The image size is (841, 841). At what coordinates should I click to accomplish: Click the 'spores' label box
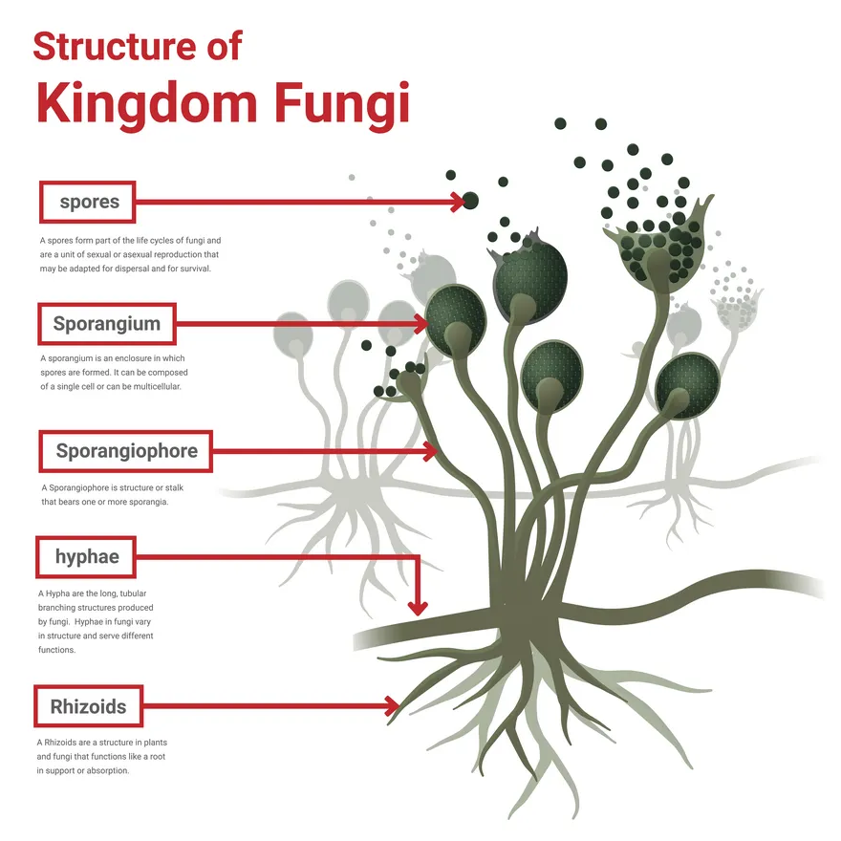[x=88, y=202]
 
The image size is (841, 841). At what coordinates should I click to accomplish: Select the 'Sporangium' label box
[x=106, y=323]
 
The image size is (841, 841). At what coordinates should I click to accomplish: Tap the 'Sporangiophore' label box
[x=126, y=450]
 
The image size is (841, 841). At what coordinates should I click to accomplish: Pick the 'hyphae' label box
[x=86, y=556]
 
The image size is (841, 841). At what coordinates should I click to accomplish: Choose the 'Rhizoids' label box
[x=88, y=707]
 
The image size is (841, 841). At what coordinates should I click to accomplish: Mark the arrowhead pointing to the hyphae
[x=418, y=606]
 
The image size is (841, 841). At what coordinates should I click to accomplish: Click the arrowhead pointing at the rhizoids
[x=392, y=706]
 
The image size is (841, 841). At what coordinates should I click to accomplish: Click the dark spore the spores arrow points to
[x=470, y=201]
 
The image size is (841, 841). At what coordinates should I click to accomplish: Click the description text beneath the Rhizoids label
[x=102, y=756]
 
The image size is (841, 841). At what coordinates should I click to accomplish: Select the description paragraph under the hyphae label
[x=95, y=621]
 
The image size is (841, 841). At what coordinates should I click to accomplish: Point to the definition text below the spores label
[x=130, y=254]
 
